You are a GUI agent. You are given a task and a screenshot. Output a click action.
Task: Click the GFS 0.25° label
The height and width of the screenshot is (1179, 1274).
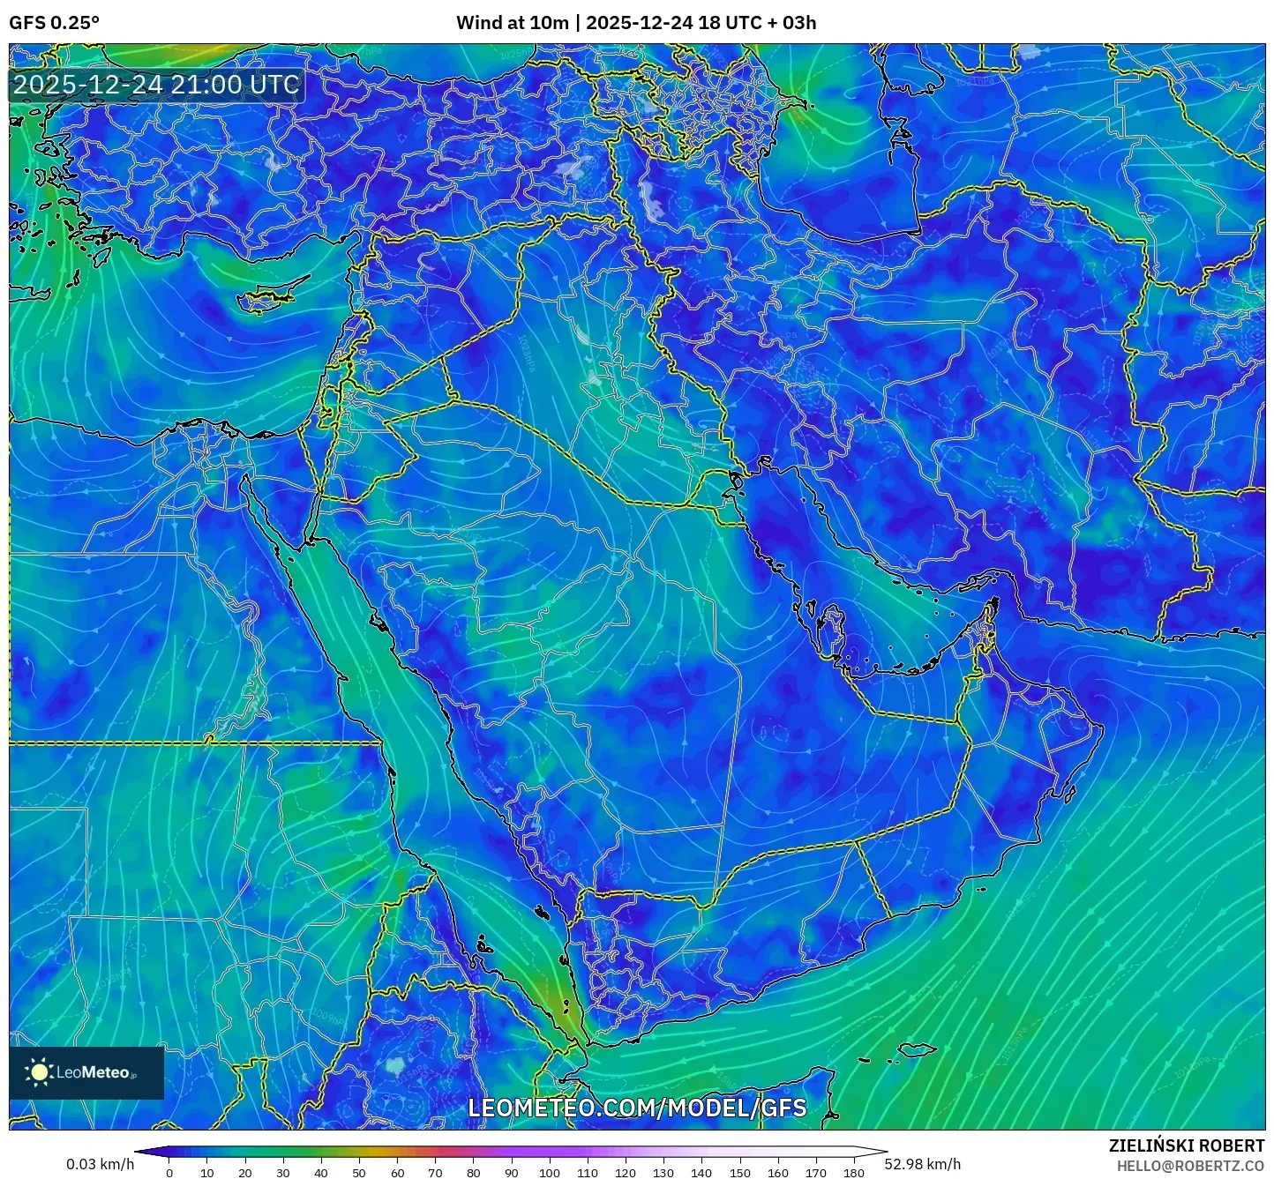tap(54, 23)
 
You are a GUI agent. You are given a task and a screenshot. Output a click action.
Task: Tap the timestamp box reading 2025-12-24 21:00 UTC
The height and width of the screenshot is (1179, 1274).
tap(156, 85)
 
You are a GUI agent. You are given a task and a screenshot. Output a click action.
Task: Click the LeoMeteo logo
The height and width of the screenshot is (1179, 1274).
tap(86, 1072)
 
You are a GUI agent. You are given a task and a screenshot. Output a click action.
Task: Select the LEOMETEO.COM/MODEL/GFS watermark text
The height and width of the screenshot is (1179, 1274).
tap(637, 1108)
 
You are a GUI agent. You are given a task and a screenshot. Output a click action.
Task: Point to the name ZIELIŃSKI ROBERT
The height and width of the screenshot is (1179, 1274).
tap(1187, 1145)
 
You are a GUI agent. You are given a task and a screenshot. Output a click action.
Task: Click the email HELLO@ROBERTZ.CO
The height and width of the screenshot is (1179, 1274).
tap(1190, 1166)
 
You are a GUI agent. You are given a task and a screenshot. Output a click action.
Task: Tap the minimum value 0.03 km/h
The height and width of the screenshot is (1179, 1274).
tap(100, 1164)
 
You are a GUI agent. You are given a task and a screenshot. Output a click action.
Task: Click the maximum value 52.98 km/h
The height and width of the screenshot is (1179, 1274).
tap(923, 1164)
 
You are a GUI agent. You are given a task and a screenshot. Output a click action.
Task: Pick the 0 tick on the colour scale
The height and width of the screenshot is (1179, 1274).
tap(169, 1173)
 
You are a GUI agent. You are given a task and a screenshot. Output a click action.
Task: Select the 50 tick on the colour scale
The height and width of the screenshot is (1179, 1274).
tap(359, 1173)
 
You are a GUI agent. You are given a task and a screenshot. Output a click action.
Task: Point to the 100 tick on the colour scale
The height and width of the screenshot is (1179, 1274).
tap(550, 1173)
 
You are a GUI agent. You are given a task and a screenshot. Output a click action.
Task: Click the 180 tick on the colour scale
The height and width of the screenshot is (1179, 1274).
tap(853, 1173)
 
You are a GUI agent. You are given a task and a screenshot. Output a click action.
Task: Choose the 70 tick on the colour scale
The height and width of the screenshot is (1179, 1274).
tap(435, 1173)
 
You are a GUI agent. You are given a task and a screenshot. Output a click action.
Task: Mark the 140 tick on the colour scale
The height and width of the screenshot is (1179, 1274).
tap(701, 1173)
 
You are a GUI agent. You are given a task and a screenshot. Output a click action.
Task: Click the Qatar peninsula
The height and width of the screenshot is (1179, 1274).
tap(833, 628)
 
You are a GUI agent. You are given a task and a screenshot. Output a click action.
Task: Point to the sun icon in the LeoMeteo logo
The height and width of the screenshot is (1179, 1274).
tap(39, 1072)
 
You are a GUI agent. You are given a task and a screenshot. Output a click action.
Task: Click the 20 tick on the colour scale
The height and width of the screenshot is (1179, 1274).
tap(245, 1173)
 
